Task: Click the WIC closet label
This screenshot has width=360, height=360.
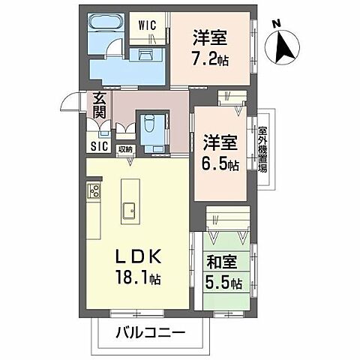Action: [x=147, y=25]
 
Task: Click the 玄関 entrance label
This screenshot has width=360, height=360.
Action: [x=98, y=106]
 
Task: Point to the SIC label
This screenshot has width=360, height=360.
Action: [x=98, y=146]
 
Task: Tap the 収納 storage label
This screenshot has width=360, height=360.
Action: [x=125, y=149]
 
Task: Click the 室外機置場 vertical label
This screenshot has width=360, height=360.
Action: [x=262, y=148]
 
